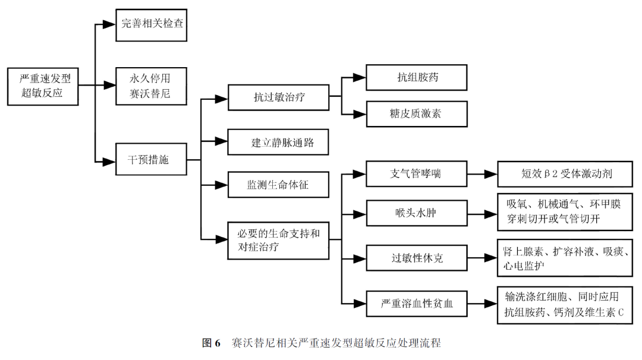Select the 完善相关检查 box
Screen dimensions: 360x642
(155, 26)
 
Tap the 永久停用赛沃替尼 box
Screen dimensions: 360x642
(155, 86)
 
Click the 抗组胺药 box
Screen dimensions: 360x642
(416, 78)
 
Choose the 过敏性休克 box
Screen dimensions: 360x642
(416, 258)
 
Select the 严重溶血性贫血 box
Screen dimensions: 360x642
(416, 304)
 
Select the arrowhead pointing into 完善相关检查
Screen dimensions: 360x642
(108, 25)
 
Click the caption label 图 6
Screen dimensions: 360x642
(211, 343)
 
